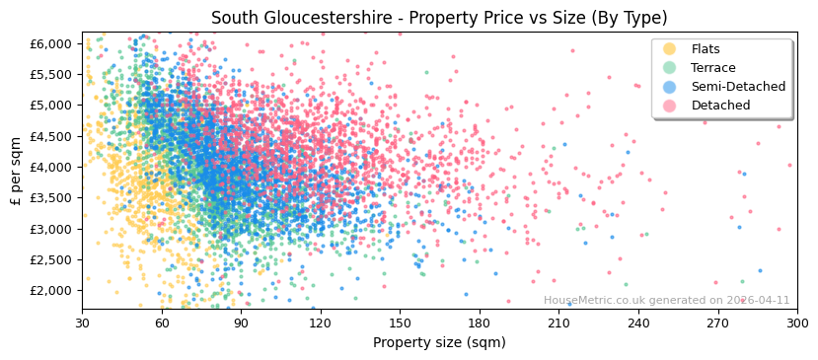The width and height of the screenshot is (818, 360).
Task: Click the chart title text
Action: click(439, 18)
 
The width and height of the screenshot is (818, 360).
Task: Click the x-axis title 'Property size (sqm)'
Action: click(439, 343)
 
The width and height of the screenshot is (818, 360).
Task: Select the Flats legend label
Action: click(706, 49)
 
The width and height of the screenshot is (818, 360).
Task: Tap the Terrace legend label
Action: click(712, 68)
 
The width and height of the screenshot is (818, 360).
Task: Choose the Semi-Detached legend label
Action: click(738, 87)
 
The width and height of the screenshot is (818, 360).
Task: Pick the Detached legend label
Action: click(720, 106)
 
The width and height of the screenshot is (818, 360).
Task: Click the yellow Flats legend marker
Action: click(669, 49)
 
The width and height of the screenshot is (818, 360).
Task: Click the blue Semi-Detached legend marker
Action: click(669, 87)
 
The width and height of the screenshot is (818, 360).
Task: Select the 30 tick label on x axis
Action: click(82, 323)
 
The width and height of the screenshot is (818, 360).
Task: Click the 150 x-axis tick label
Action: click(400, 323)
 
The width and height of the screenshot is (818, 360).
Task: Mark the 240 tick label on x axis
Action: click(638, 323)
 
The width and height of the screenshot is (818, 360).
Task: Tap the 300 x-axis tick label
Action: click(797, 323)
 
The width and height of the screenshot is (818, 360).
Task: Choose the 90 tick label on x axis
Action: click(241, 323)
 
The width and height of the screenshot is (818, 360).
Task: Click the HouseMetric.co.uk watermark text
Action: click(666, 301)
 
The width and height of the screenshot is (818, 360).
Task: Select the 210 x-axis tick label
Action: click(558, 323)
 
